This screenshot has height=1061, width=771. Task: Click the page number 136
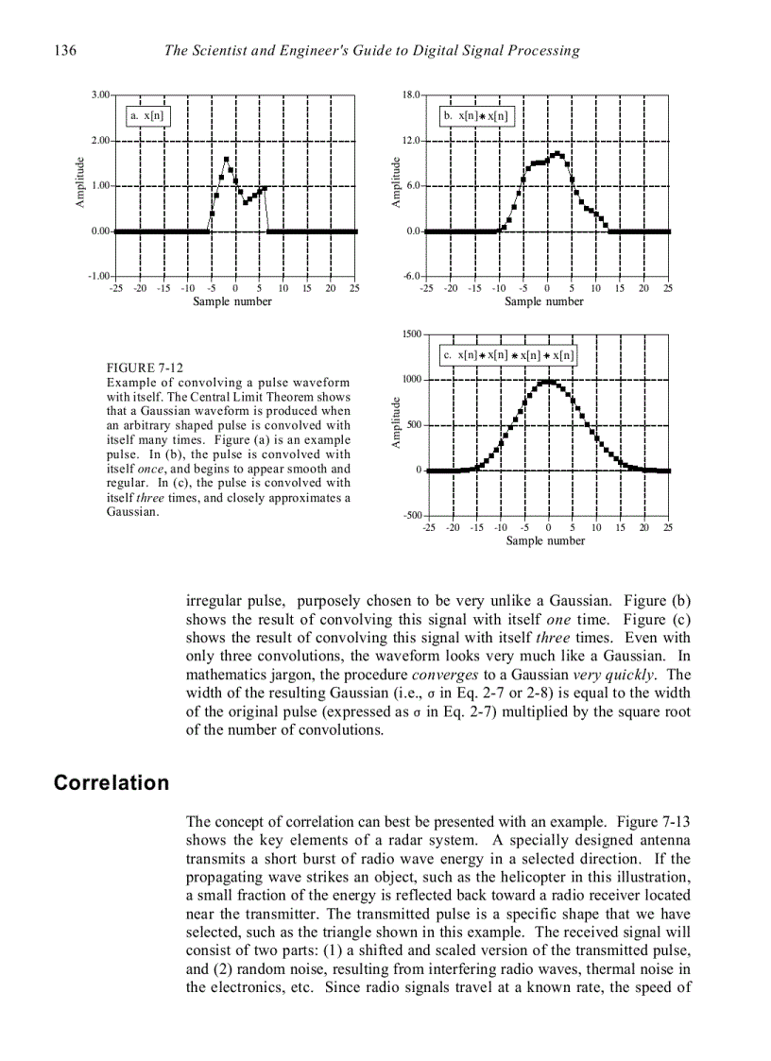point(65,50)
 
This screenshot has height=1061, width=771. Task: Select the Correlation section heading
point(111,783)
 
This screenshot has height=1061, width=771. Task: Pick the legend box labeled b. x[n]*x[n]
point(476,115)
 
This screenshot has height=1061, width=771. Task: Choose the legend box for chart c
point(508,355)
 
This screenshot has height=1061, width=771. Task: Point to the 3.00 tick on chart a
point(99,95)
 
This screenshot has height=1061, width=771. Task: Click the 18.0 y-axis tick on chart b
point(411,95)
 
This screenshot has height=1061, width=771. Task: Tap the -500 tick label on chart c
point(410,516)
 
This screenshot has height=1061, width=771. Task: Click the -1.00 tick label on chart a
point(98,276)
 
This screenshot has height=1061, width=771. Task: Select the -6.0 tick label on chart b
point(411,276)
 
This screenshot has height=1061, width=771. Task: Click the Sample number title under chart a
point(232,301)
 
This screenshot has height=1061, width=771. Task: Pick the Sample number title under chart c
point(545,540)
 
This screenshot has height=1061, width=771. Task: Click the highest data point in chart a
point(226,160)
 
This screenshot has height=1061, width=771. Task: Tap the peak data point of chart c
point(547,382)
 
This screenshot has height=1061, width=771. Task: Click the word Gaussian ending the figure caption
point(132,512)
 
